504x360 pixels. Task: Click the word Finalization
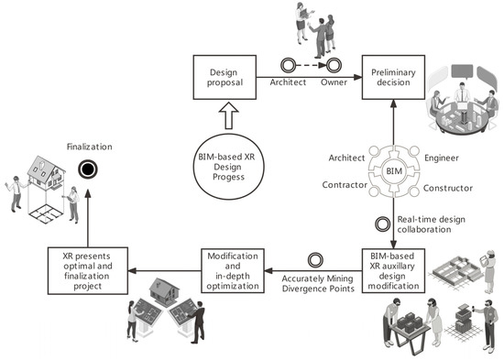(x=88, y=145)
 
